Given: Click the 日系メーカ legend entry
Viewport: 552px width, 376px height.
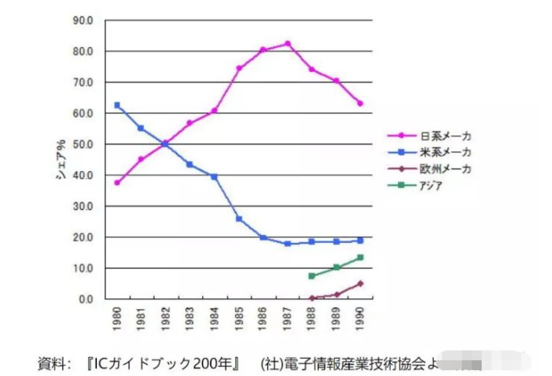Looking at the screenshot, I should pyautogui.click(x=444, y=136).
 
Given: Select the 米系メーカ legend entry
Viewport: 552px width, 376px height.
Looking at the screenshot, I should pyautogui.click(x=444, y=152).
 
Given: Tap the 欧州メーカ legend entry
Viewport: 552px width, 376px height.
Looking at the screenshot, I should pyautogui.click(x=444, y=169).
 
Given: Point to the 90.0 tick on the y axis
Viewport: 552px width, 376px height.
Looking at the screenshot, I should pyautogui.click(x=87, y=20).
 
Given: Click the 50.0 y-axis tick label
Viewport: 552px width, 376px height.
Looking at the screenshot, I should pyautogui.click(x=87, y=144).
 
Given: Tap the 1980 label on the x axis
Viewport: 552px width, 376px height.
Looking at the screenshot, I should pyautogui.click(x=117, y=317).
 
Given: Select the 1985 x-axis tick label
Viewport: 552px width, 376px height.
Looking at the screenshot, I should pyautogui.click(x=238, y=317).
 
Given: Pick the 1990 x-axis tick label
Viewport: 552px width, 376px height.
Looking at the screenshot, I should pyautogui.click(x=360, y=317).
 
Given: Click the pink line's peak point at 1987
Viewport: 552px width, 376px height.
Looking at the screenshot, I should pyautogui.click(x=287, y=44).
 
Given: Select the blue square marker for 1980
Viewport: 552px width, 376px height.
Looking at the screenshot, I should pyautogui.click(x=118, y=105).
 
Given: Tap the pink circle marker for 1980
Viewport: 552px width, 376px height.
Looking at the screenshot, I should pyautogui.click(x=118, y=183).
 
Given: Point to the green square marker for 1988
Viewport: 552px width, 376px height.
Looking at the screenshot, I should pyautogui.click(x=312, y=276).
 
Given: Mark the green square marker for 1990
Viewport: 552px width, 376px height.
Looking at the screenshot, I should pyautogui.click(x=360, y=258).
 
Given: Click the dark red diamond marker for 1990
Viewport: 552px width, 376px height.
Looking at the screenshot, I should pyautogui.click(x=360, y=283).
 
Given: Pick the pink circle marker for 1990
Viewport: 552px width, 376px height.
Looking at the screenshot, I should pyautogui.click(x=360, y=103).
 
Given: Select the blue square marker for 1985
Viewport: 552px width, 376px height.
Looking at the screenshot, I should pyautogui.click(x=239, y=219).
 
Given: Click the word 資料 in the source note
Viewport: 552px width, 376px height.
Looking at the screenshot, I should pyautogui.click(x=55, y=362).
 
